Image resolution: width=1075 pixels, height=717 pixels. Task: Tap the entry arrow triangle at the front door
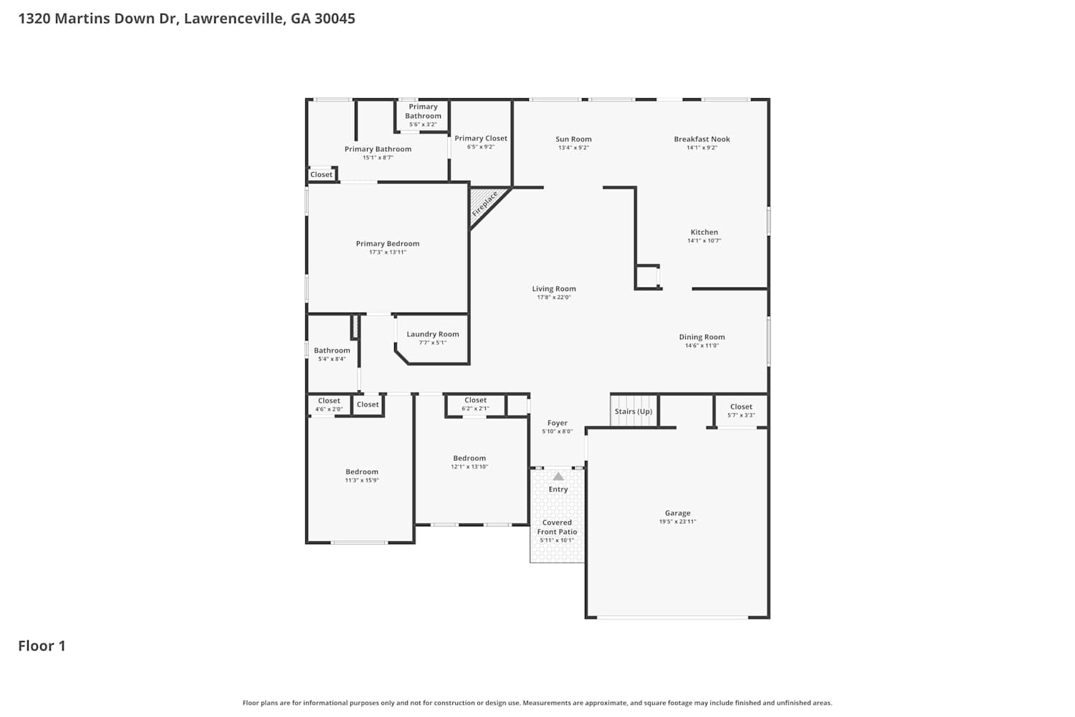(558, 476)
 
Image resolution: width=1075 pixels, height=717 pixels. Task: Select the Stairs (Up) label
(634, 412)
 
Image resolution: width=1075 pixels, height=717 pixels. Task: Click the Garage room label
(678, 513)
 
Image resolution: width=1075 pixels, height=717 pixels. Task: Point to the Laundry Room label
(433, 334)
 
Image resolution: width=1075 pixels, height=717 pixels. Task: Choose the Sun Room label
(573, 139)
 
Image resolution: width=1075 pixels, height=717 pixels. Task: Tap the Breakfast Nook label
(702, 139)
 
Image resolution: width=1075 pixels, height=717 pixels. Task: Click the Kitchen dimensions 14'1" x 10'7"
(704, 241)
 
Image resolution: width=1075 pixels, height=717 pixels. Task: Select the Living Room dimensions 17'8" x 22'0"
(554, 298)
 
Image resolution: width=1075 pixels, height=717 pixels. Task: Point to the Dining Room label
(702, 337)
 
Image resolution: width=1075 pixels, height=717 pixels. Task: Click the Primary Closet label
(481, 138)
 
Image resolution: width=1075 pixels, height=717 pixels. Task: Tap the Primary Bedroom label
(388, 244)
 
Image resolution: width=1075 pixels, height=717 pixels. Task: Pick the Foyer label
(558, 423)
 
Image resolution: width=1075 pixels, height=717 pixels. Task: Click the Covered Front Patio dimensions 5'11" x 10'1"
(557, 541)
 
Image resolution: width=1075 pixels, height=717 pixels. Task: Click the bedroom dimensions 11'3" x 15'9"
(362, 480)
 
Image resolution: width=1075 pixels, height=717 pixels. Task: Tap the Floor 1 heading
(42, 646)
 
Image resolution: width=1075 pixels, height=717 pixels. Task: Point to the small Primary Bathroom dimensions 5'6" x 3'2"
(423, 124)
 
